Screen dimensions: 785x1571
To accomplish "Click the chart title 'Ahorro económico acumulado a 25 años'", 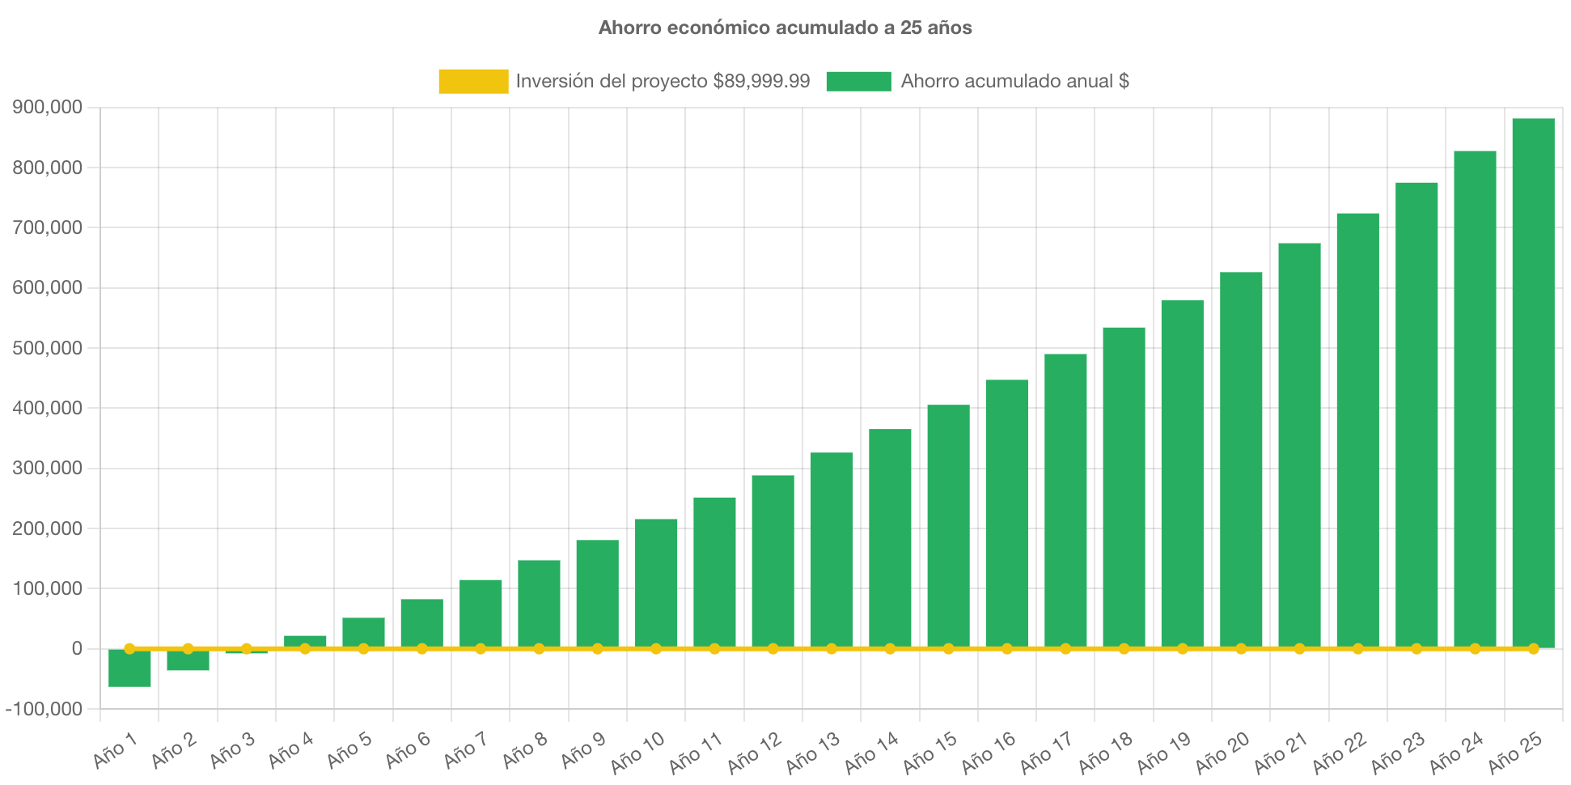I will pyautogui.click(x=785, y=28).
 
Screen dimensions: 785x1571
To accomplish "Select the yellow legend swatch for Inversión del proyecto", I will pyautogui.click(x=473, y=81).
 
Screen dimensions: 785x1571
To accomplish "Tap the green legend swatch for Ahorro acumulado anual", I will pyautogui.click(x=858, y=81).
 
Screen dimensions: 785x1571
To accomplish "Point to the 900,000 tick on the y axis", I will pyautogui.click(x=47, y=108).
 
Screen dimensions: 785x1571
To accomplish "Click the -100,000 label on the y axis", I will pyautogui.click(x=44, y=709).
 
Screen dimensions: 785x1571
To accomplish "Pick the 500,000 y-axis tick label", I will pyautogui.click(x=47, y=348).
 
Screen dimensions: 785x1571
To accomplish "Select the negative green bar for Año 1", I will pyautogui.click(x=129, y=668).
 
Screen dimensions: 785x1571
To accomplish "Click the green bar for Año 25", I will pyautogui.click(x=1533, y=380).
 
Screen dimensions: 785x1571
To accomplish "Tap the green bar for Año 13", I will pyautogui.click(x=832, y=550).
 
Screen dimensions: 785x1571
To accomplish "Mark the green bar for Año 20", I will pyautogui.click(x=1241, y=457).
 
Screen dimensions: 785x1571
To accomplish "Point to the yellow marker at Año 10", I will pyautogui.click(x=656, y=649).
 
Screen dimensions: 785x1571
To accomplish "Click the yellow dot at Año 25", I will pyautogui.click(x=1533, y=649).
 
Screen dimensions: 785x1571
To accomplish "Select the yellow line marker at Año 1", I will pyautogui.click(x=129, y=649).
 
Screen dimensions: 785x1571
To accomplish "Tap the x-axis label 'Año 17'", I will pyautogui.click(x=1045, y=752).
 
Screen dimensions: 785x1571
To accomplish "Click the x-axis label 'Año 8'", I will pyautogui.click(x=524, y=750).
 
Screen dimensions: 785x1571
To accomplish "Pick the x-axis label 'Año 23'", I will pyautogui.click(x=1397, y=752).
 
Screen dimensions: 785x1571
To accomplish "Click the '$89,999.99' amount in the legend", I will pyautogui.click(x=761, y=81).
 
